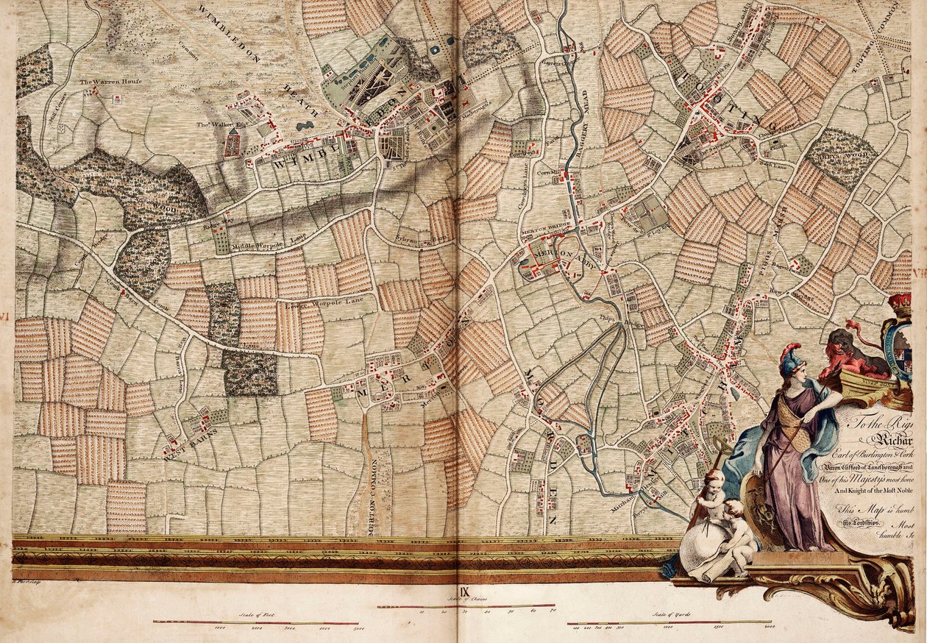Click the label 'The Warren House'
[110, 82]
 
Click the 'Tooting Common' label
[893, 37]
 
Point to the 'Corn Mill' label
[549, 174]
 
